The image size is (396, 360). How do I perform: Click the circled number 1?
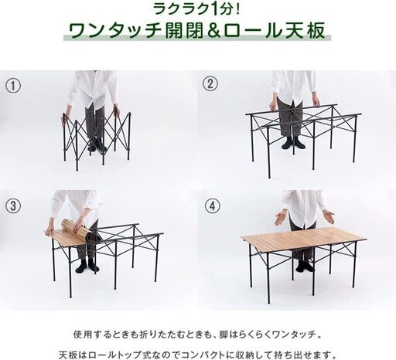[13, 86]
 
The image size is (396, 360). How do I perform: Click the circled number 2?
[210, 84]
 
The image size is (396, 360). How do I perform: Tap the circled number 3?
[13, 205]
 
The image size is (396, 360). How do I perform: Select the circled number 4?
[213, 206]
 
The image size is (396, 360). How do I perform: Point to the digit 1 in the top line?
[213, 9]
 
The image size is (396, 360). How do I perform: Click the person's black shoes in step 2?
[294, 143]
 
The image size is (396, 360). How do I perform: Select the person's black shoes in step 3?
[87, 265]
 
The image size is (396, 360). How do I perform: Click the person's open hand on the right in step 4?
[328, 216]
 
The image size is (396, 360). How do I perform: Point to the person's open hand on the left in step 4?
[281, 218]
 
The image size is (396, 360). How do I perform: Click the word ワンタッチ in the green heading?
[114, 31]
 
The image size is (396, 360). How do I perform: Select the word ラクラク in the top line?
[180, 9]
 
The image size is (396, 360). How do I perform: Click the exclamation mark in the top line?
[237, 9]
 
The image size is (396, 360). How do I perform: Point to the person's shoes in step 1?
[97, 145]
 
